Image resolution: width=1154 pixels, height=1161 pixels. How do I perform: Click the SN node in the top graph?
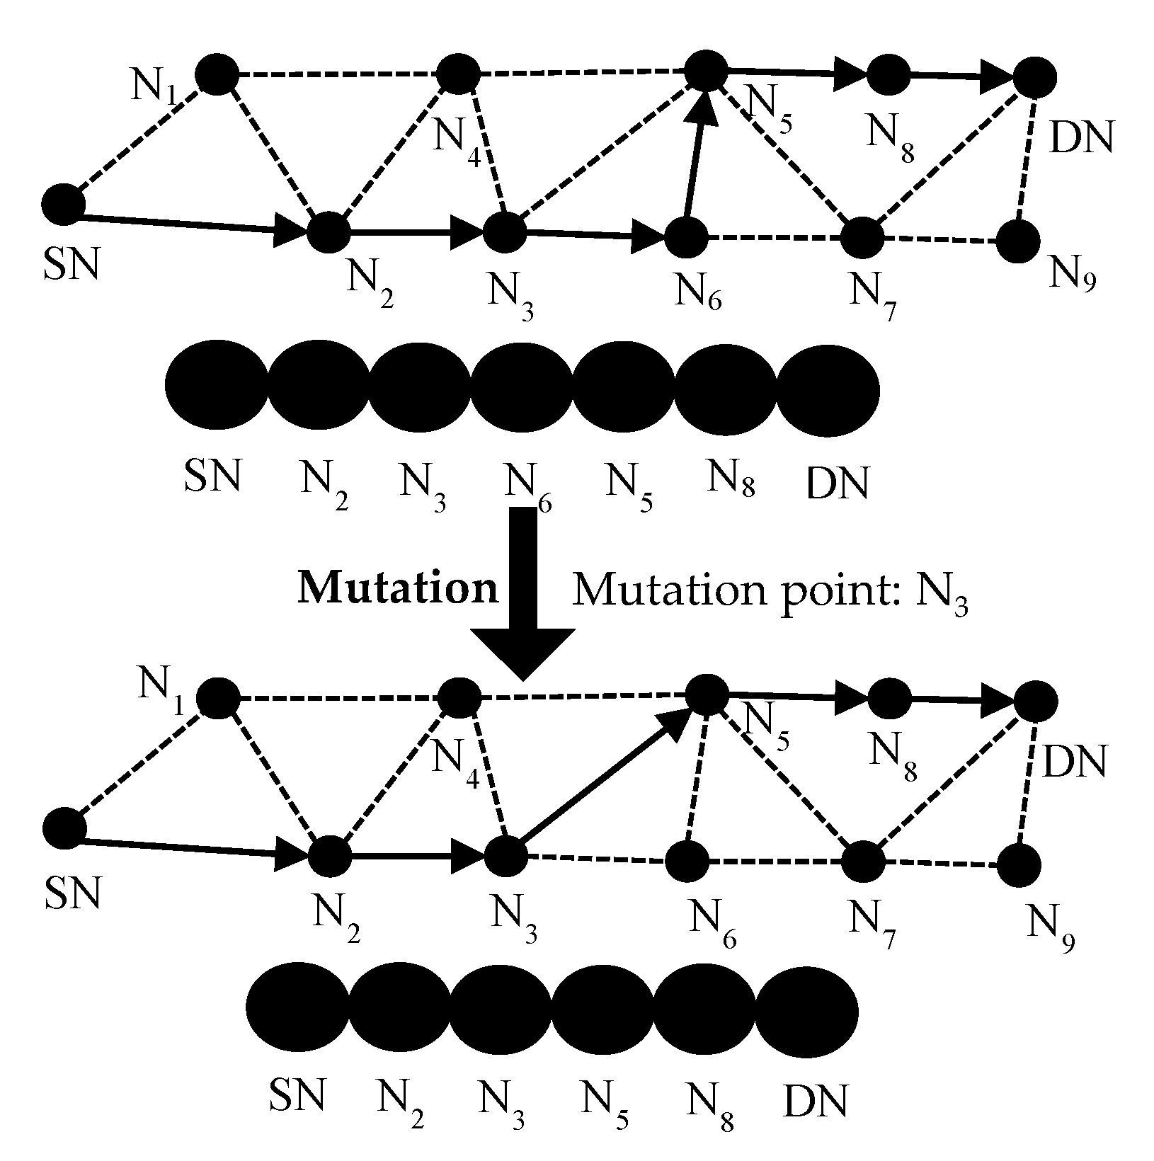point(63,204)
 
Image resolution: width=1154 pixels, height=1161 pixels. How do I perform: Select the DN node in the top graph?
point(1035,76)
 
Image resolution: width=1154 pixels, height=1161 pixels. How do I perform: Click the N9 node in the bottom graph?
point(1019,864)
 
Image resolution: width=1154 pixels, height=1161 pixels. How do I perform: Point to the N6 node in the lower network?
point(687,862)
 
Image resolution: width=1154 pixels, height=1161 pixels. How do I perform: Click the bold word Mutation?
point(398,588)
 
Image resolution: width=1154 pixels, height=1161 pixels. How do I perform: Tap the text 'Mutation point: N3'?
point(769,589)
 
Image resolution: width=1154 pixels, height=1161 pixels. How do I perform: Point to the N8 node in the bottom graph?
point(889,699)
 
